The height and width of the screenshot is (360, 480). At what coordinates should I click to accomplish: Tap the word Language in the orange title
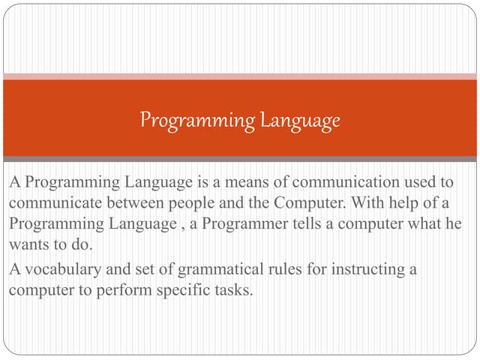(x=300, y=120)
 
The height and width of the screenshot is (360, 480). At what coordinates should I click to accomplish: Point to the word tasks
(x=232, y=289)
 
